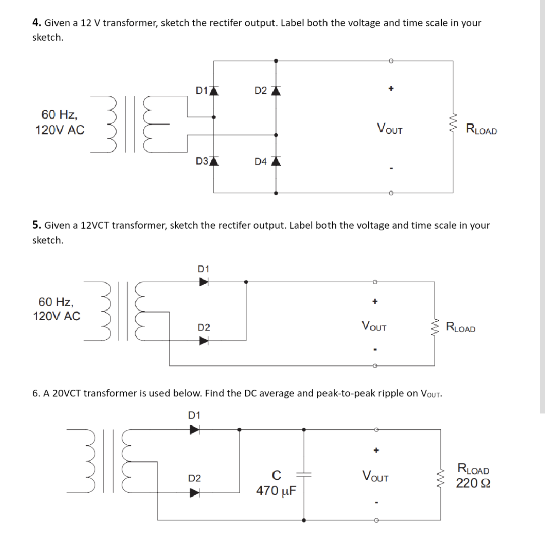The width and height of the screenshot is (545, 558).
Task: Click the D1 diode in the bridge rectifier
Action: point(213,91)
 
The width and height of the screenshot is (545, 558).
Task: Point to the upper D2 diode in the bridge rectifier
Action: point(275,91)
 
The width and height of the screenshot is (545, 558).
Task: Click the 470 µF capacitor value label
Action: point(276,490)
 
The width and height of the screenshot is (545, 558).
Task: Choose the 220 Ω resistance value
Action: point(472,483)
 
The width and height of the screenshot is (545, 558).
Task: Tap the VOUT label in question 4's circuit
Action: point(390,129)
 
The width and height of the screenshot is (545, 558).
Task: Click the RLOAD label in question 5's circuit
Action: point(461,328)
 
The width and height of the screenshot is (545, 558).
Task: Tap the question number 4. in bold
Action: point(37,23)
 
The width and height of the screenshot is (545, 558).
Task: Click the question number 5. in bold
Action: point(37,225)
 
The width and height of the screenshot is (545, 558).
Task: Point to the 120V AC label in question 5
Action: point(57,317)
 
